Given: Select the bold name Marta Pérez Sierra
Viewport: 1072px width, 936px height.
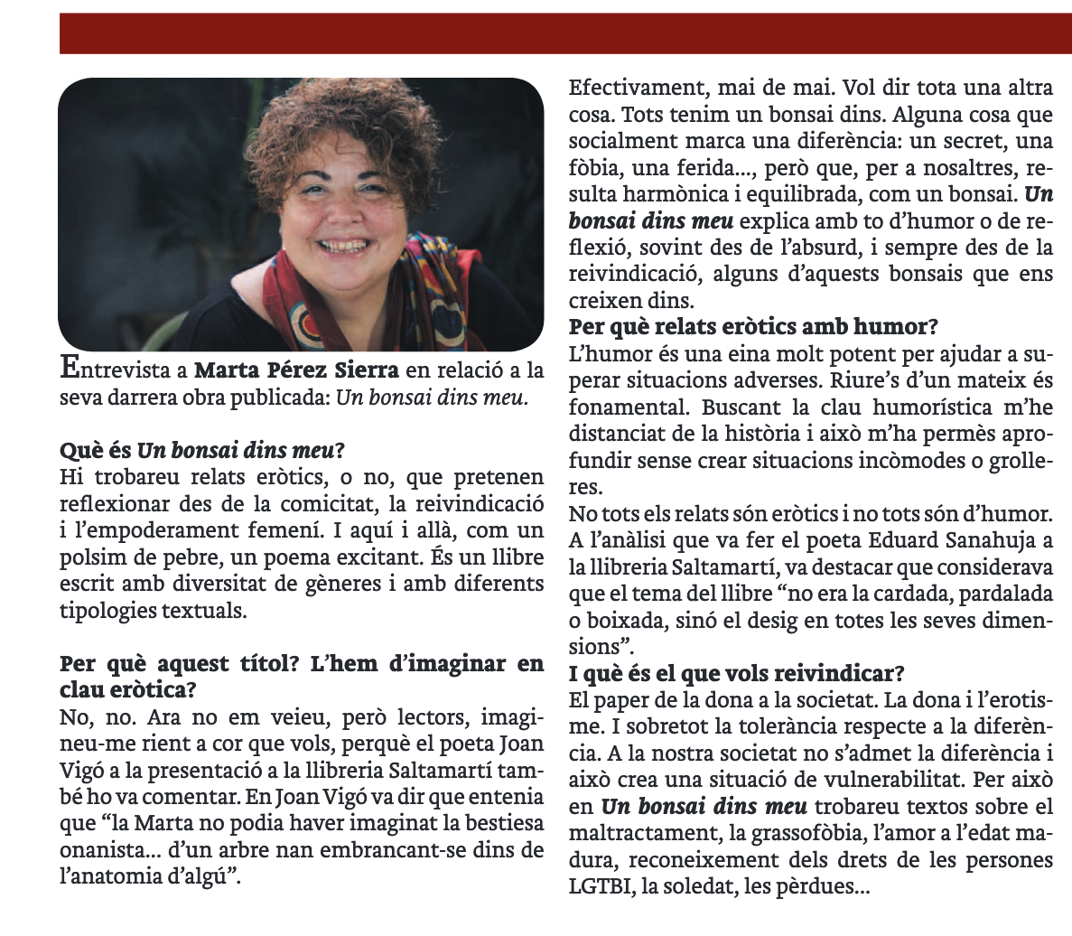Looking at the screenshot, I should pos(296,370).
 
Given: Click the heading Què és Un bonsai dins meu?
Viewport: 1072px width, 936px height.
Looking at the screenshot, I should pos(203,449).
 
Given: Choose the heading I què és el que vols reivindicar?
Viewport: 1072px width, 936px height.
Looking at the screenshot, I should pos(737,674).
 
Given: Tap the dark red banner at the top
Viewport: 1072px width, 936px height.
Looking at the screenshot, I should pos(564,33).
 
